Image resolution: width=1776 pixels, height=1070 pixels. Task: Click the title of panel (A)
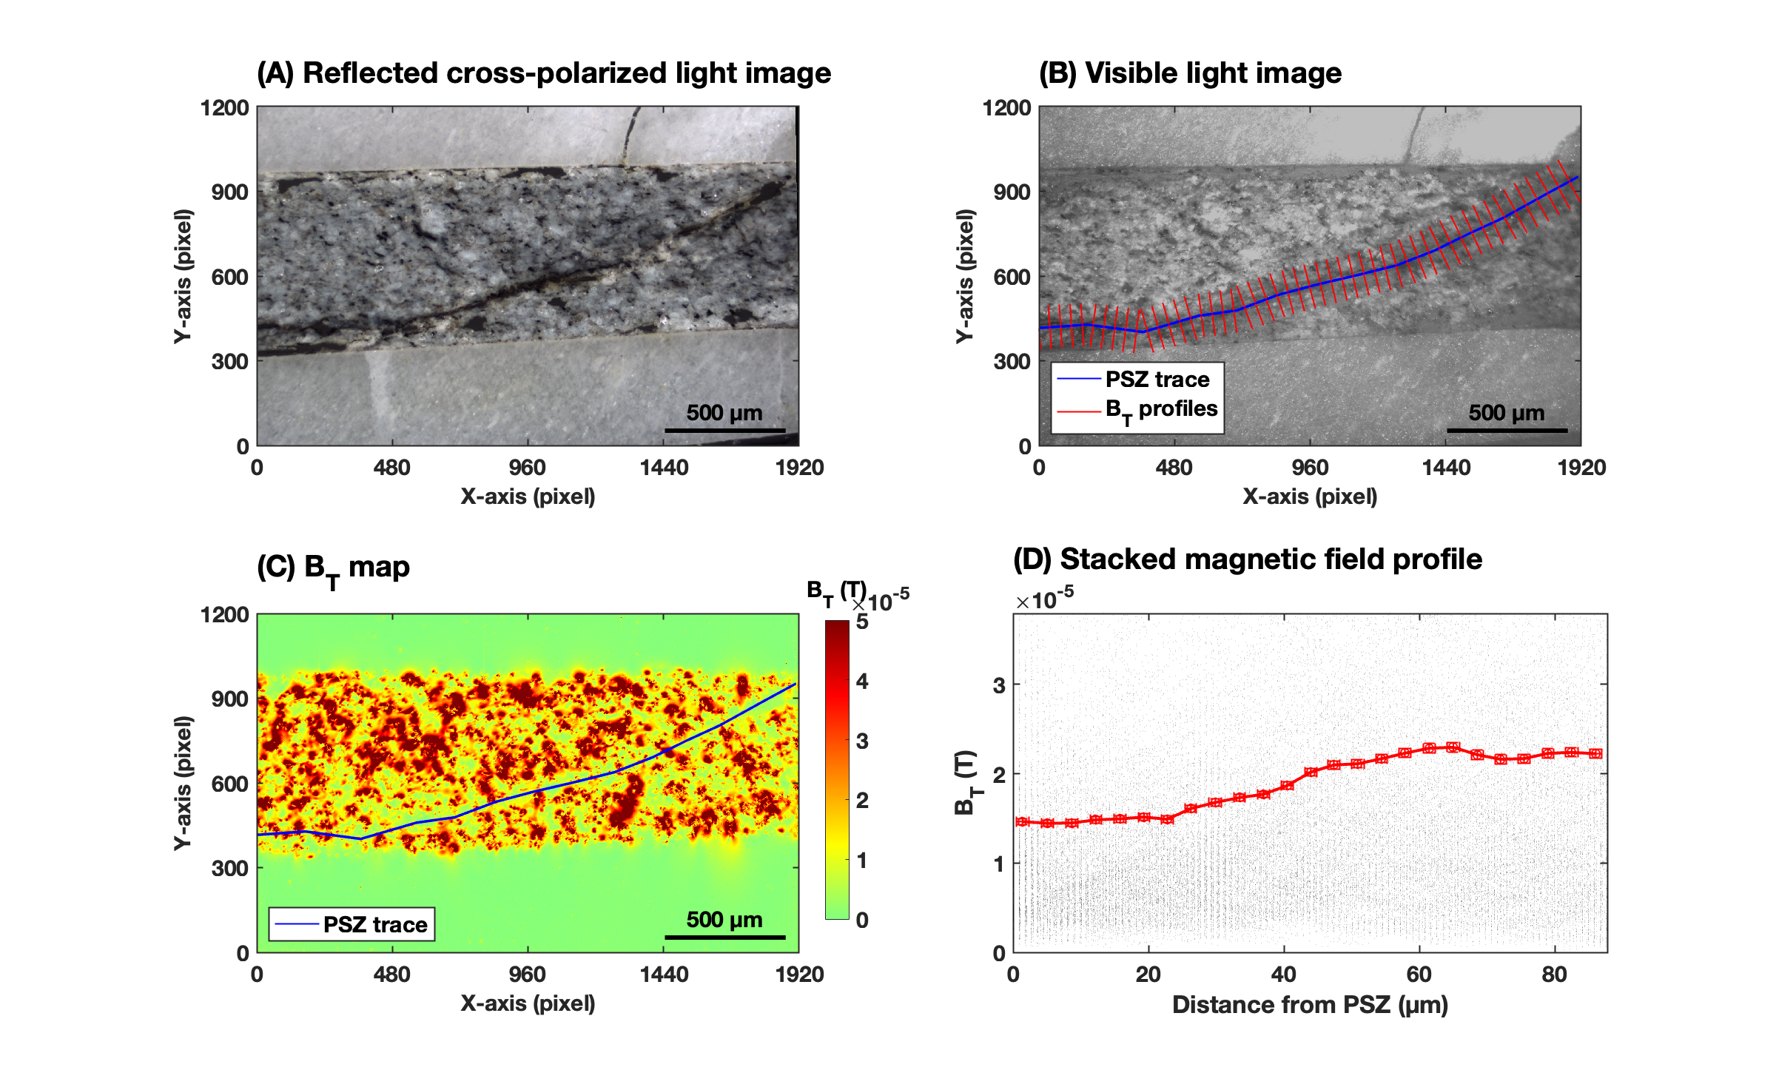pos(544,73)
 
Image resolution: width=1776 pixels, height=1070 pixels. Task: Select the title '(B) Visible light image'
pos(1190,73)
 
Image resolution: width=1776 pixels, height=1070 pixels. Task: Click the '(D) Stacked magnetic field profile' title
pos(1247,559)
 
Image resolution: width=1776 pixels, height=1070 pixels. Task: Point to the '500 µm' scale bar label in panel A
pos(724,413)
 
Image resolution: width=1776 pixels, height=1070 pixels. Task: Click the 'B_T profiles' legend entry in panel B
pos(1161,409)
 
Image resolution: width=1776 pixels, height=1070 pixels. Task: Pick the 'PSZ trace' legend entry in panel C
pos(375,925)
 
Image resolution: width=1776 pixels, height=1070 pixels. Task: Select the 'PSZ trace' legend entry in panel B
pos(1157,380)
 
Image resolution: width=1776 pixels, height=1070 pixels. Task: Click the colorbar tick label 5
pos(862,622)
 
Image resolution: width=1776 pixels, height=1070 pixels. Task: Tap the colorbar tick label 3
pos(862,741)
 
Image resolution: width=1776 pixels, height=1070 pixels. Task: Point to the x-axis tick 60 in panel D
pos(1419,975)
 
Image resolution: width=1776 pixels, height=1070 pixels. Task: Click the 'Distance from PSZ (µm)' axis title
pos(1310,1005)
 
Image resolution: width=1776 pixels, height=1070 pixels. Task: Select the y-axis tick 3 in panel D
pos(999,685)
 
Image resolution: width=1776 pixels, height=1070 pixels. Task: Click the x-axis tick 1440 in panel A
pos(664,468)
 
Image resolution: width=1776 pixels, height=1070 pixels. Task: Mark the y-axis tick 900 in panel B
pos(1012,192)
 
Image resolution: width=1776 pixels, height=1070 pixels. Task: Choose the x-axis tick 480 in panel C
pos(391,975)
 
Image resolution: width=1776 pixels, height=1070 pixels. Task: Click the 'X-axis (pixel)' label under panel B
pos(1310,497)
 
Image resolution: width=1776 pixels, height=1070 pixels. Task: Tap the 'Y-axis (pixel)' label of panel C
pos(183,783)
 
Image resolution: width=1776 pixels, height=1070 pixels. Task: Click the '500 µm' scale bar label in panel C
pos(724,920)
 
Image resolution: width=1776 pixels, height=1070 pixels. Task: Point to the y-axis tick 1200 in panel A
pos(224,108)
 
